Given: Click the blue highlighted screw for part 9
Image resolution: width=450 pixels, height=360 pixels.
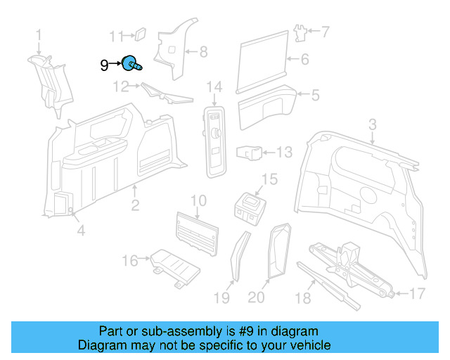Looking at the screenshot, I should tap(131, 64).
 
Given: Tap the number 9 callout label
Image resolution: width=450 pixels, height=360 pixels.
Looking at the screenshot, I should tap(104, 65).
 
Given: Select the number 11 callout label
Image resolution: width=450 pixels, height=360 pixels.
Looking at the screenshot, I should tap(116, 36).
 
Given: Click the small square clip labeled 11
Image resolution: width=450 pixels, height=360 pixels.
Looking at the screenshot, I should tap(139, 32).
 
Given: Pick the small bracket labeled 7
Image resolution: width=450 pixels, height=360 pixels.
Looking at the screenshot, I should tap(300, 32).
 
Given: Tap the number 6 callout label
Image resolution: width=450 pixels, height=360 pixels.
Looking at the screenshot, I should tap(304, 60).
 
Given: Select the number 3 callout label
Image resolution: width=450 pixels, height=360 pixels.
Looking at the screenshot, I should tap(373, 124).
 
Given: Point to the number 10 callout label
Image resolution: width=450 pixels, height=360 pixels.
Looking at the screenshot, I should tap(198, 200).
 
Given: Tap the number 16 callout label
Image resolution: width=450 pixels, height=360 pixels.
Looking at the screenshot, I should tap(130, 261).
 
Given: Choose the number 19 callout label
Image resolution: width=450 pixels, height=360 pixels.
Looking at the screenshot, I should tap(221, 297).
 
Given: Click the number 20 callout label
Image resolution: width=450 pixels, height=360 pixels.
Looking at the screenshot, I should tap(257, 297).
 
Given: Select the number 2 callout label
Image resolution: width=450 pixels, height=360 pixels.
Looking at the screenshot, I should tap(135, 205).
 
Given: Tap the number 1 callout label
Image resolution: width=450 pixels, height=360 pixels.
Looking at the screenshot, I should tap(39, 34).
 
